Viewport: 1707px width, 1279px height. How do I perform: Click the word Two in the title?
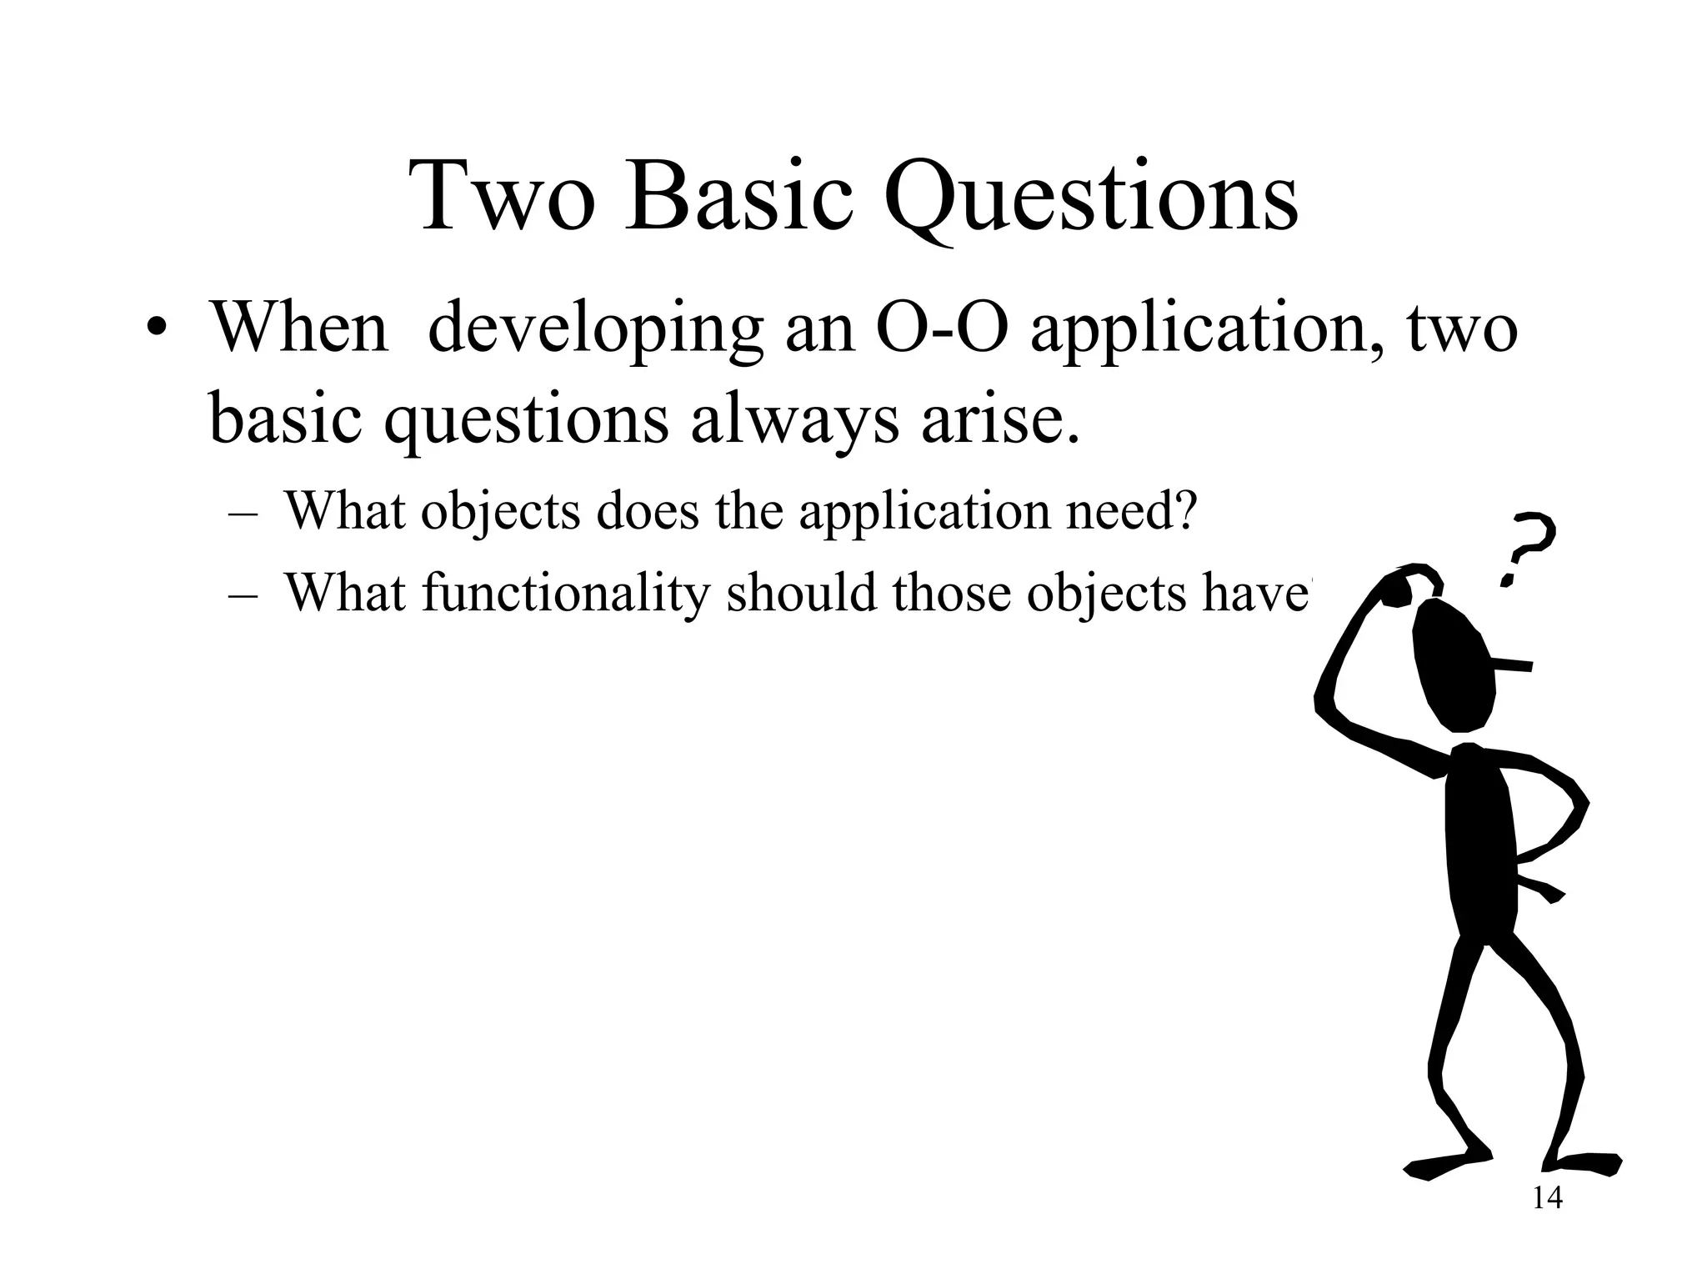508,198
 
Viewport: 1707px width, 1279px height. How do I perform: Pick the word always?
794,419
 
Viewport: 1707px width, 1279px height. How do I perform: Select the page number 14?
1547,1199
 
